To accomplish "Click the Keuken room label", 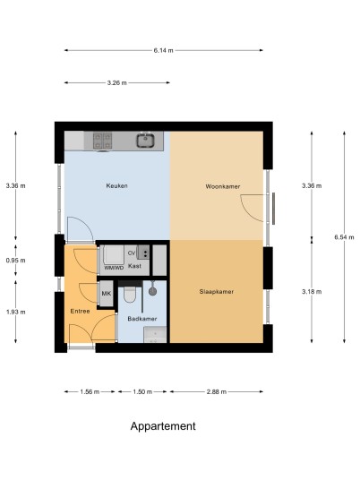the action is click(116, 185).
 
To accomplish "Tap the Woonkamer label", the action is click(223, 186).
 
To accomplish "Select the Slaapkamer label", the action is click(217, 292).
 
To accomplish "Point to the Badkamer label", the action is click(142, 319).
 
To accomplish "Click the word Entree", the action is click(80, 312).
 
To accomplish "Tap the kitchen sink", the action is click(145, 141).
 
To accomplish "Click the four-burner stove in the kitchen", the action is click(103, 141).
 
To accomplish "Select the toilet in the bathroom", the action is click(130, 294).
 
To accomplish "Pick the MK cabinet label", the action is click(107, 294).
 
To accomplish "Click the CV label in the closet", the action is click(132, 253).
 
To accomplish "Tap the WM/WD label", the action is click(114, 268).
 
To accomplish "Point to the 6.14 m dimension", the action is click(164, 50).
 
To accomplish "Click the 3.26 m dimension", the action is click(117, 82).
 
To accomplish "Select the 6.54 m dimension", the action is click(344, 237).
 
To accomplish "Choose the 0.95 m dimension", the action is click(15, 261).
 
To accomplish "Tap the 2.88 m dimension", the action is click(217, 391).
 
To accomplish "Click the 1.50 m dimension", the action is click(142, 391).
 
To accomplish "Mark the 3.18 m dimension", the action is click(312, 292).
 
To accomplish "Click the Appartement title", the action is click(163, 426).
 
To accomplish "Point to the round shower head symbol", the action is click(152, 291).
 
